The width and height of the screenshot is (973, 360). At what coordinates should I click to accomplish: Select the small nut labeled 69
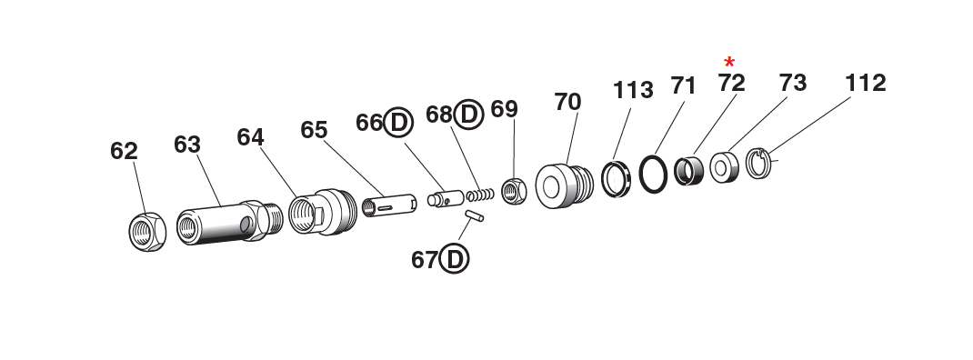click(513, 190)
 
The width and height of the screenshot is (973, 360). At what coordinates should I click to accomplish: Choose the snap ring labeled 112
click(759, 164)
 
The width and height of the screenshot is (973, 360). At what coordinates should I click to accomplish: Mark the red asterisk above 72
click(729, 62)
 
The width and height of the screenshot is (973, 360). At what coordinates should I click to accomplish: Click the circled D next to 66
click(398, 123)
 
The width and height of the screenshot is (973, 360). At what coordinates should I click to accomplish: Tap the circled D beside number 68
click(468, 114)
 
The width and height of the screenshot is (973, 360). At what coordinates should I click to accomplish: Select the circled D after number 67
click(454, 260)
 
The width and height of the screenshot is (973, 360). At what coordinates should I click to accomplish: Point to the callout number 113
click(633, 90)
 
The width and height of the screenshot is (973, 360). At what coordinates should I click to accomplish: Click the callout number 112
click(865, 83)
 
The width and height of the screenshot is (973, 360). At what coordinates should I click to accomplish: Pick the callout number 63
click(187, 145)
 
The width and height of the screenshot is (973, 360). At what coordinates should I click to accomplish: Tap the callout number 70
click(567, 102)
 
